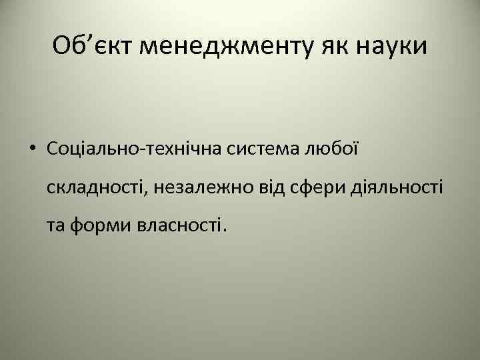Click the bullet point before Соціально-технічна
32,149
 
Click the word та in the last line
56,226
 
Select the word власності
178,226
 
